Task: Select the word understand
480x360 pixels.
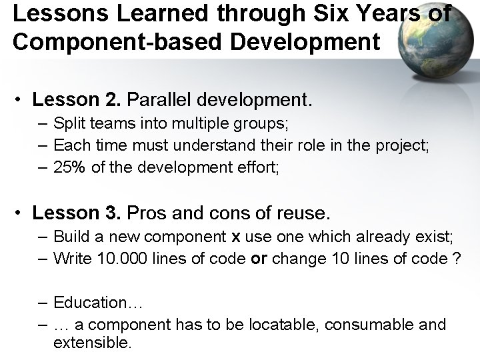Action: (206, 145)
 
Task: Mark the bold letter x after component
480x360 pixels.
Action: (235, 237)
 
